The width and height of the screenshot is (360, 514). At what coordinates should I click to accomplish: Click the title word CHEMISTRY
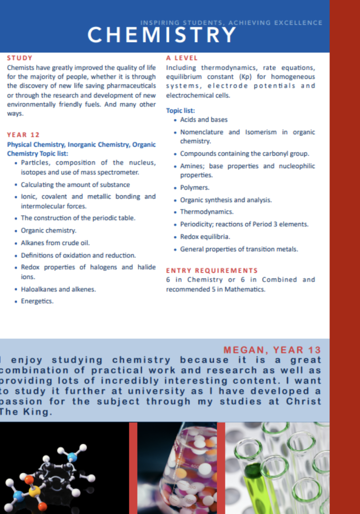coord(162,35)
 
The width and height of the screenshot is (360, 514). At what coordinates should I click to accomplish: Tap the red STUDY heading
coord(20,58)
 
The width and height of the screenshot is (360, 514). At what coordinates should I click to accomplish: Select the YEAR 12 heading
coord(23,135)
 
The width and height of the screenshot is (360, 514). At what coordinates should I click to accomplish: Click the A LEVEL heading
coord(182,58)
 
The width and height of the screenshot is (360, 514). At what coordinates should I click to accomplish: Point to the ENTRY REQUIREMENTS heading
coord(212,270)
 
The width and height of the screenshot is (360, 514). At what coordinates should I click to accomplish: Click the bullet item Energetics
coord(37,301)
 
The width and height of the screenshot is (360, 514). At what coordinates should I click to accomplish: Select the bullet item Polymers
coord(194,188)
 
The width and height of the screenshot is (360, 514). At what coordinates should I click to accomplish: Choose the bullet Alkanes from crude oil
coord(55,243)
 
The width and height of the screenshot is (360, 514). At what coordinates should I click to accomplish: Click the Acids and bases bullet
coord(204,120)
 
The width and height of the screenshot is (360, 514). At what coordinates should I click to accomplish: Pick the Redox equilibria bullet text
coord(205,236)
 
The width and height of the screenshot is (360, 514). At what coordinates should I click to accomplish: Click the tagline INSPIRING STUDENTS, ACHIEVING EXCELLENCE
coord(232,22)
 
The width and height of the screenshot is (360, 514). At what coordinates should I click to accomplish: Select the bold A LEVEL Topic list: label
coord(180,111)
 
